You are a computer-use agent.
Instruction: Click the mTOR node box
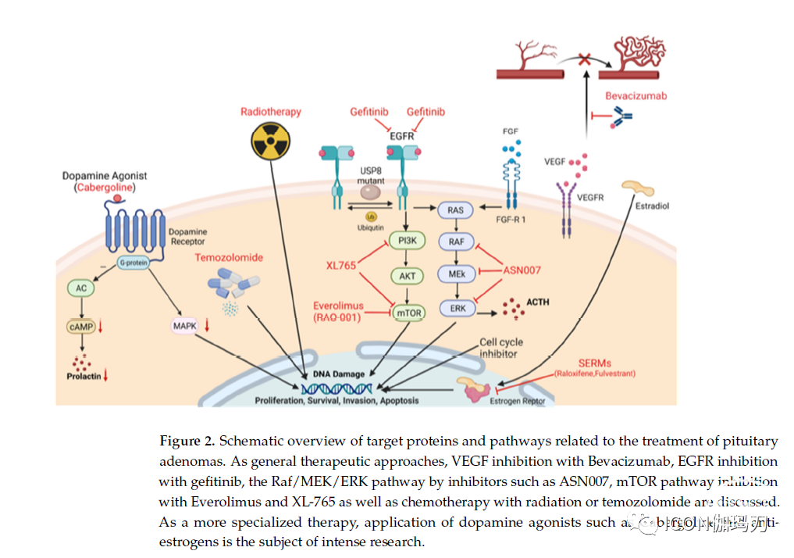[x=408, y=313]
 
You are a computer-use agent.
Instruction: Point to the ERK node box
[x=458, y=308]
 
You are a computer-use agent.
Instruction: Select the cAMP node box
[x=81, y=324]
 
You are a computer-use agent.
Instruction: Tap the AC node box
[x=81, y=288]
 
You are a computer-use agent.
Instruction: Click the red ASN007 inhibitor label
[x=521, y=270]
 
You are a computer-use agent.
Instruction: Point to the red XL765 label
[x=340, y=266]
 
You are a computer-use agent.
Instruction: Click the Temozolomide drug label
[x=229, y=257]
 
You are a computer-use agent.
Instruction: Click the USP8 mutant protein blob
[x=371, y=191]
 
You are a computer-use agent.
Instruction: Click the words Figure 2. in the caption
[x=187, y=442]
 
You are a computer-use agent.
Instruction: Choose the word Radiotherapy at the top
[x=270, y=112]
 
